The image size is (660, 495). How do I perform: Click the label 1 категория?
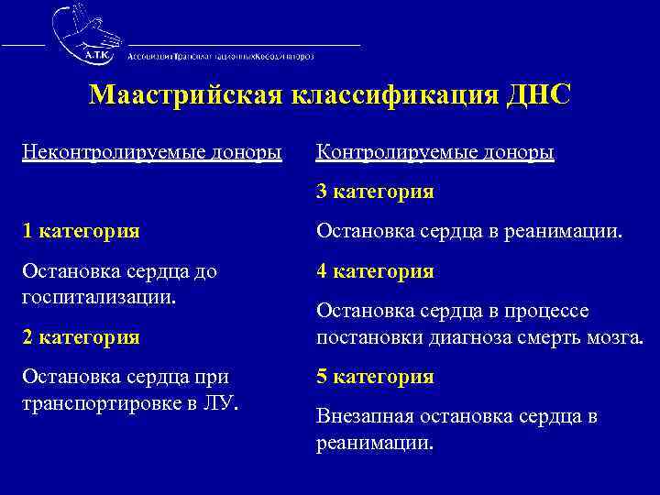point(82,231)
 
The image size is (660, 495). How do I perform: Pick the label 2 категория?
point(82,336)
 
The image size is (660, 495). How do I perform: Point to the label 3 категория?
point(375,192)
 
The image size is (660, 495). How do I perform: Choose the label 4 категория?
point(375,271)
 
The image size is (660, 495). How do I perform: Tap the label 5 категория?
point(375,377)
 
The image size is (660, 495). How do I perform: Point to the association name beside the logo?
point(221,56)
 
